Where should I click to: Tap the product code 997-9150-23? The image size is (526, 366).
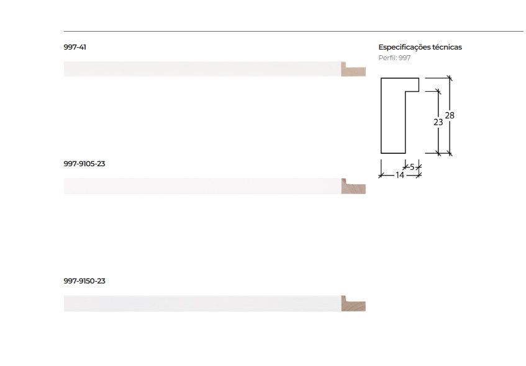click(x=84, y=281)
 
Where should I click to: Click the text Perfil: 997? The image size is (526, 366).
click(x=394, y=58)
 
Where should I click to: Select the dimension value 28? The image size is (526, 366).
click(x=450, y=115)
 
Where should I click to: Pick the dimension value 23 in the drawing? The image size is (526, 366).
click(x=438, y=122)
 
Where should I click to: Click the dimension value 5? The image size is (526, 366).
click(x=412, y=167)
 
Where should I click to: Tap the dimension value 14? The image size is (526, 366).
click(x=400, y=176)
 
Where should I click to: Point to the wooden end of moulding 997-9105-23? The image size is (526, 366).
click(x=353, y=187)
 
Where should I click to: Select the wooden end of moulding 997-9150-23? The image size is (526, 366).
click(x=353, y=304)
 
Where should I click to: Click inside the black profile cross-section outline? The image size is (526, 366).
click(x=392, y=118)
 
